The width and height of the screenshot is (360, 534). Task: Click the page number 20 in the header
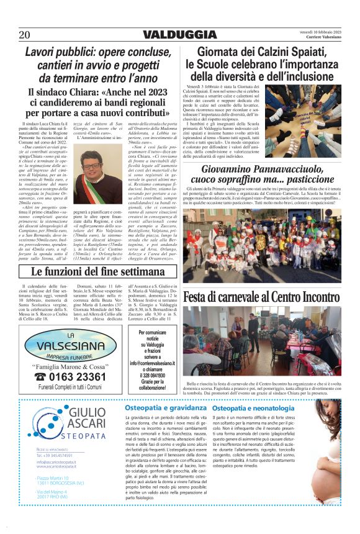(25, 35)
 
